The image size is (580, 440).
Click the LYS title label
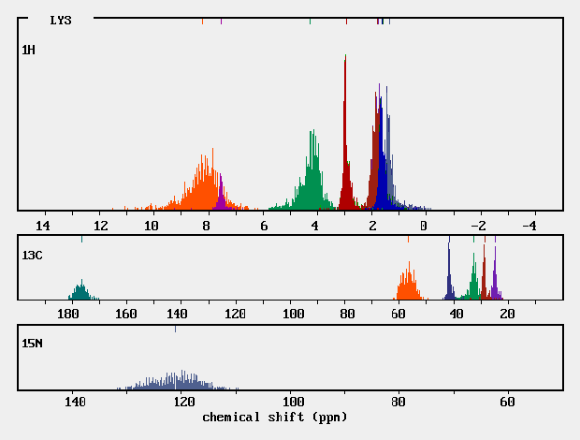[61, 20]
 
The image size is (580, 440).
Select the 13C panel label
[32, 255]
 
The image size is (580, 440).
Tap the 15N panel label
[32, 344]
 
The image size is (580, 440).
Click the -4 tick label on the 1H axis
[529, 226]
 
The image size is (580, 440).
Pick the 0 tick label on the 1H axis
[424, 226]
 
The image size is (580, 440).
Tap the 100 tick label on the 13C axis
[294, 314]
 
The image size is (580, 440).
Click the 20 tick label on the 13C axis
[506, 314]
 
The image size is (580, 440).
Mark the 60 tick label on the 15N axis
[506, 403]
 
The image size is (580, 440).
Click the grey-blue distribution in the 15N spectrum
[178, 382]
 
